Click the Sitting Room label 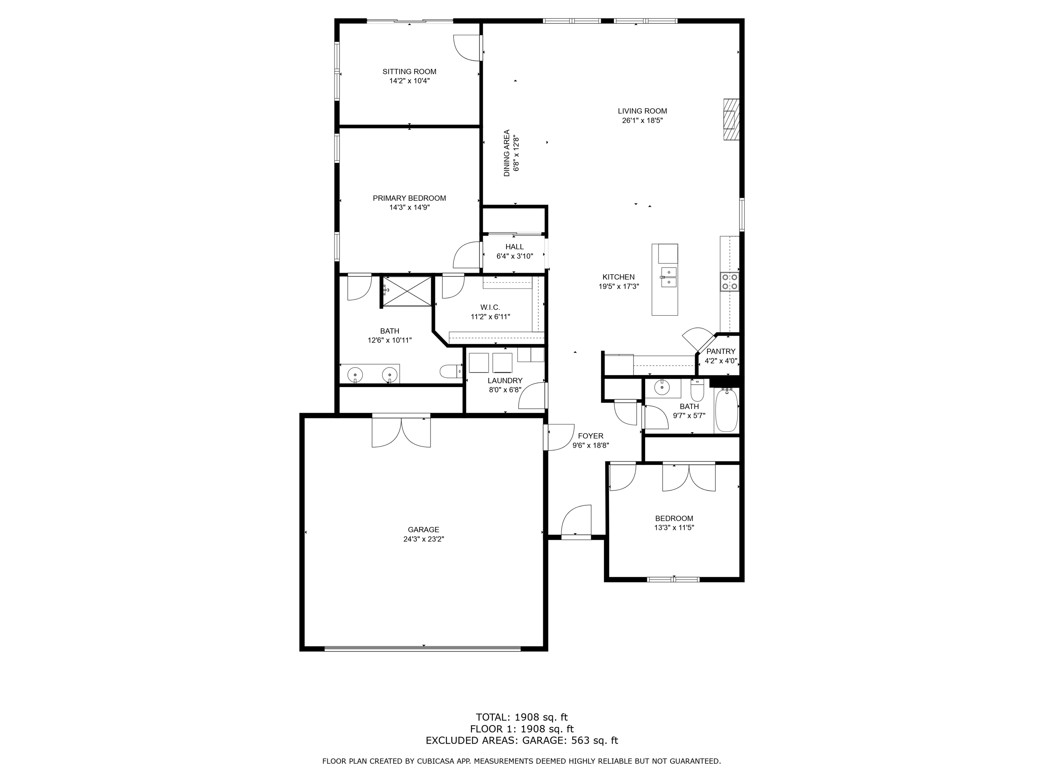(x=409, y=72)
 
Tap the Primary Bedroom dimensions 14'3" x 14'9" (x=409, y=207)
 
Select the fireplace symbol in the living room (x=731, y=119)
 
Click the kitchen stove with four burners (x=729, y=282)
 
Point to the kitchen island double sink (x=668, y=277)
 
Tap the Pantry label (x=721, y=351)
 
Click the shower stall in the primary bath (x=407, y=291)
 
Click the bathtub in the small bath (x=726, y=410)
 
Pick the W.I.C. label (x=490, y=307)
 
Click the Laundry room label (x=505, y=380)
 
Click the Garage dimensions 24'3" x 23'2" (x=423, y=539)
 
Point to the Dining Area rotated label (x=507, y=153)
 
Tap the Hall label (x=514, y=246)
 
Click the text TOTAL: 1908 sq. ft (x=522, y=717)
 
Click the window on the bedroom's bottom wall (x=673, y=579)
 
